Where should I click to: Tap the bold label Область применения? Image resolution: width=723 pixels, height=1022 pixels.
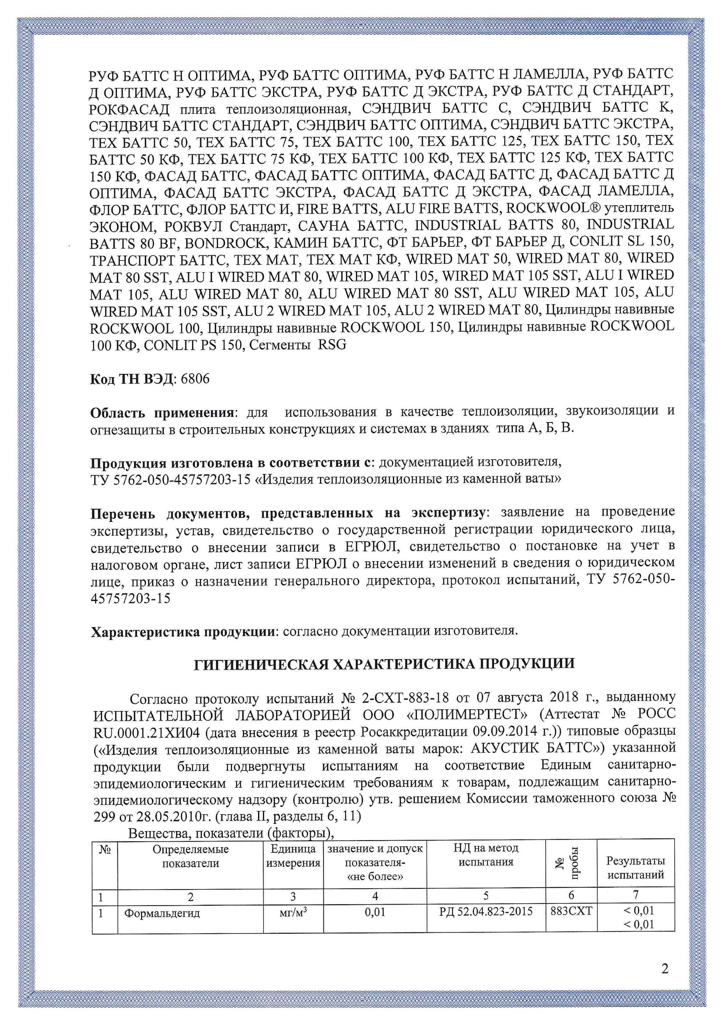[x=162, y=413]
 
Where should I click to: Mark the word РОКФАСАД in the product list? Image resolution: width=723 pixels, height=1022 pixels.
[x=130, y=109]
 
